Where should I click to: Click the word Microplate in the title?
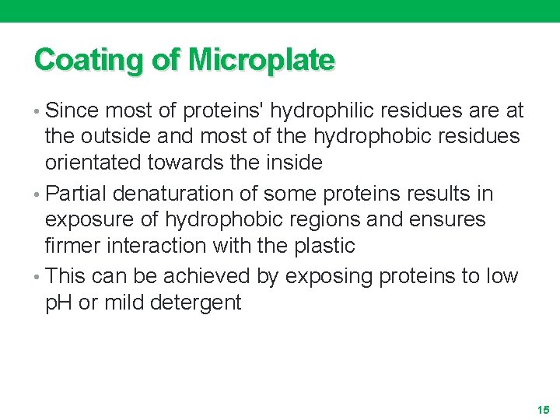coord(261,59)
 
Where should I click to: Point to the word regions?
coord(320,220)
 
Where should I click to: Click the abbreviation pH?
coord(58,303)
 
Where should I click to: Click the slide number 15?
coord(542,409)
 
